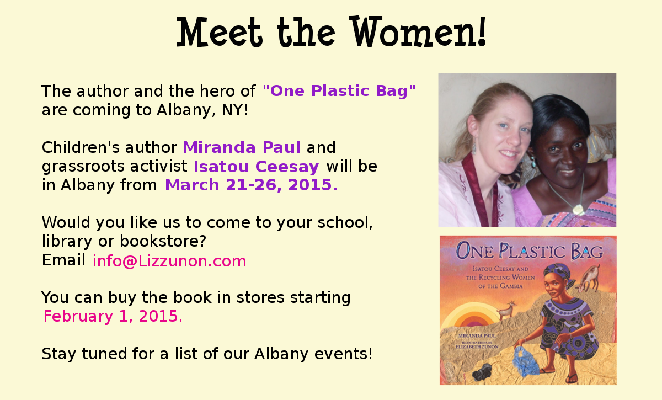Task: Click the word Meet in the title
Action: click(x=219, y=32)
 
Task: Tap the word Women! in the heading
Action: click(x=418, y=31)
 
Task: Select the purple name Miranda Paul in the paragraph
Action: click(x=242, y=147)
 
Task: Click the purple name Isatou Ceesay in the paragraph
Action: click(x=256, y=167)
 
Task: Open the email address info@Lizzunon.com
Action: click(x=169, y=261)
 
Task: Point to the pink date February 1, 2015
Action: click(x=113, y=316)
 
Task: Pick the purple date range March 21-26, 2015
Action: click(x=251, y=185)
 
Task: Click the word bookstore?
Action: click(x=163, y=241)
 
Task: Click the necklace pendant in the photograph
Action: click(x=578, y=209)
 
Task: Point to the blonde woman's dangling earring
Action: click(x=474, y=146)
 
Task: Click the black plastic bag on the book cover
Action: click(x=482, y=372)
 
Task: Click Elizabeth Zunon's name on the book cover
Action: click(x=477, y=346)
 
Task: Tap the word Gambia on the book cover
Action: click(x=515, y=286)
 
